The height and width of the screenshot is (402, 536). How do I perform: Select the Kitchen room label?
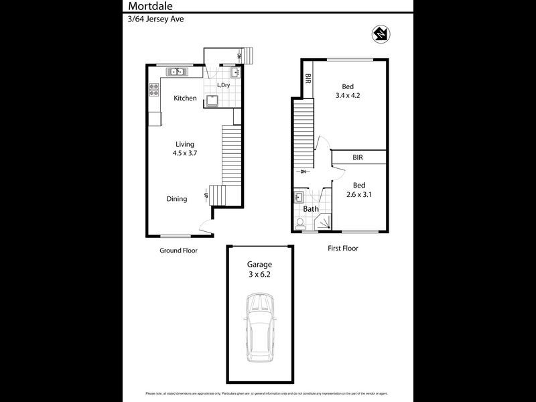tap(186, 98)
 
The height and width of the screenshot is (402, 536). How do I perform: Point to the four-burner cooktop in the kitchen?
tap(153, 89)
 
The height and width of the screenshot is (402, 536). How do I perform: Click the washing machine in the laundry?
tap(212, 100)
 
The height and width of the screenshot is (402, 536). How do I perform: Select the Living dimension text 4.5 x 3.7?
tap(186, 153)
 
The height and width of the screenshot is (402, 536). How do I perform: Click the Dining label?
tap(177, 199)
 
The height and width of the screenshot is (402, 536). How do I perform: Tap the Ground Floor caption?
tap(178, 251)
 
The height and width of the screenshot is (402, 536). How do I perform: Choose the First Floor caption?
tap(342, 248)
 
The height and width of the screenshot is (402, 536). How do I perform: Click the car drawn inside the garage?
tap(259, 328)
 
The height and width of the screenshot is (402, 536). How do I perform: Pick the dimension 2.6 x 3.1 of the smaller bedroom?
tap(358, 195)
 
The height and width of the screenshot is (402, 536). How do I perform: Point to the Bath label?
tap(311, 209)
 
